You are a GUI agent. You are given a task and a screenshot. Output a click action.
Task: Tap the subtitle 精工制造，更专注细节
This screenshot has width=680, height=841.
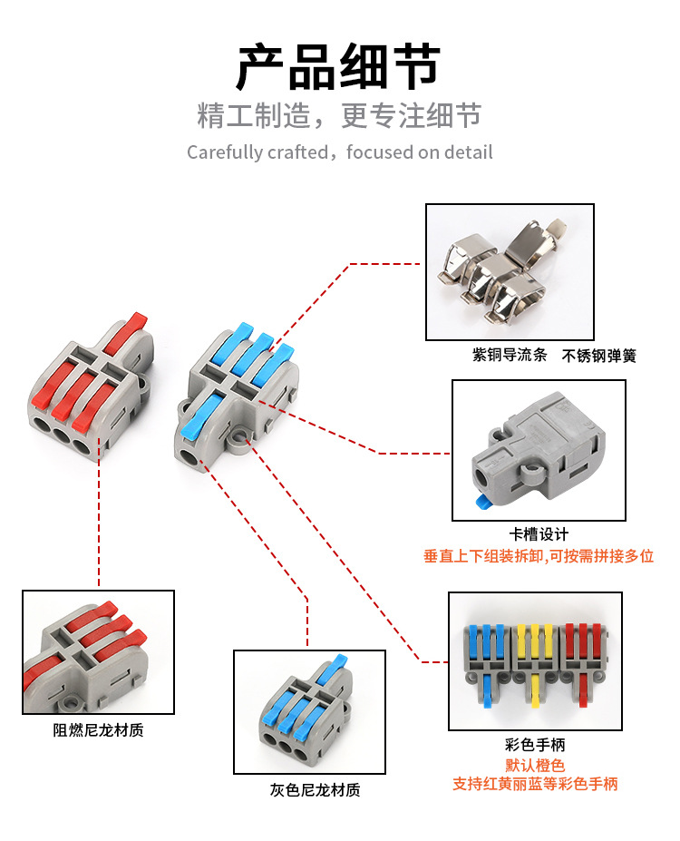(339, 116)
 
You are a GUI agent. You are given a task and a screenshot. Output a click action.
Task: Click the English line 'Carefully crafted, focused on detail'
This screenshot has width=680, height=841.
(339, 152)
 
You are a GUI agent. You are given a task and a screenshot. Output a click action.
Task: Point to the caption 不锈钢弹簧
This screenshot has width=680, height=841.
(599, 356)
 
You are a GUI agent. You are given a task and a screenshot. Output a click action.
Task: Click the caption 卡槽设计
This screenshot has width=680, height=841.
(539, 534)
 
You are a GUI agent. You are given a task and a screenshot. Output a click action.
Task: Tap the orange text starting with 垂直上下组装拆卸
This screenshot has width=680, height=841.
(539, 556)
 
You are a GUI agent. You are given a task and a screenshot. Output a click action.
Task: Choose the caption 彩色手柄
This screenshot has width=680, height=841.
(535, 745)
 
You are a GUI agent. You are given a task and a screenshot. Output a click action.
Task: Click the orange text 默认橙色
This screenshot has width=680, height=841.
(535, 765)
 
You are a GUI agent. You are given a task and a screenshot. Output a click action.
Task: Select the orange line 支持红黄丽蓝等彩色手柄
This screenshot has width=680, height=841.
(535, 784)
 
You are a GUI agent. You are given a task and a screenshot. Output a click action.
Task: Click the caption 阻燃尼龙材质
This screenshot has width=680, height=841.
(98, 729)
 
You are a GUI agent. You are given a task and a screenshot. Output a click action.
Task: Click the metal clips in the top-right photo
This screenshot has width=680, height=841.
(508, 271)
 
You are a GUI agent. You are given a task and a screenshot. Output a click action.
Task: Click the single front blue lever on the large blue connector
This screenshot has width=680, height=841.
(200, 414)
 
